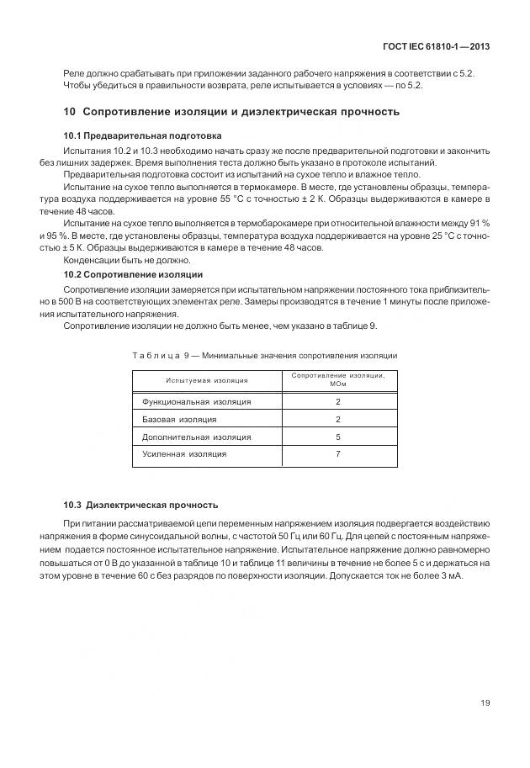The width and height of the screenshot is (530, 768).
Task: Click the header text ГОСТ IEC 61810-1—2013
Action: point(435,47)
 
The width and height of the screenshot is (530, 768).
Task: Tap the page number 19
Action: point(485,703)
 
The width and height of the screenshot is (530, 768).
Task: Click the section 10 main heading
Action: point(231,112)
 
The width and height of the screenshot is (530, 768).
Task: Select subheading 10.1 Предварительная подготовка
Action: point(142,135)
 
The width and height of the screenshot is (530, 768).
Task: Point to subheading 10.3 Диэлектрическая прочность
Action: point(140,505)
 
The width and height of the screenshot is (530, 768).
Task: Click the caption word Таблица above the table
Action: point(152,356)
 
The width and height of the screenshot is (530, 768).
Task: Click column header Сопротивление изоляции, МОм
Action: point(337,379)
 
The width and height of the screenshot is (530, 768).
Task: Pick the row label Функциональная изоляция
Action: point(196,401)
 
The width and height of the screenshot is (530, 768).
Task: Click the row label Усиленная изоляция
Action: point(184,454)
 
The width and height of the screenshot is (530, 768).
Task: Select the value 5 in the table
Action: point(337,437)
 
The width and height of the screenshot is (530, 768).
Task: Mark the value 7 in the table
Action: point(337,454)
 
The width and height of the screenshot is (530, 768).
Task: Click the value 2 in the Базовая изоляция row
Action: point(337,419)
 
